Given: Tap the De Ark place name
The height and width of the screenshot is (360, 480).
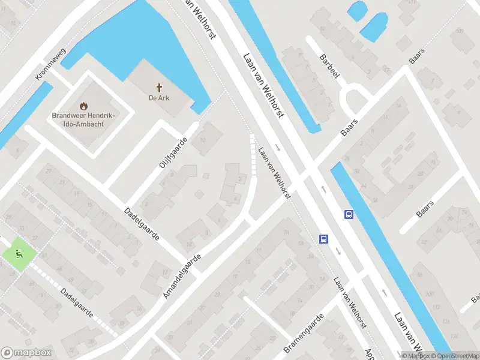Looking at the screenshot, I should coord(160,98).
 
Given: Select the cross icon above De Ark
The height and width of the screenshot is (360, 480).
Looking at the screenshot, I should coord(160,88).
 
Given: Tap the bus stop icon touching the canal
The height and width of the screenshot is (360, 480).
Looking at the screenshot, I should coord(348,214).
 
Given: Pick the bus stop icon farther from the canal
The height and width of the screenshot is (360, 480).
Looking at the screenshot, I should coord(323,239).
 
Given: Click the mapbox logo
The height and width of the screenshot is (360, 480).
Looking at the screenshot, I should coord(26,353).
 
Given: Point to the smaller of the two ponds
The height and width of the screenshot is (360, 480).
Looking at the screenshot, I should coord(357,10).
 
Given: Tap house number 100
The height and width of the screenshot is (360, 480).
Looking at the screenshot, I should coord(430,293).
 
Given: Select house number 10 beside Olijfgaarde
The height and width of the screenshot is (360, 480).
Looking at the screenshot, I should coord(203,141).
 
